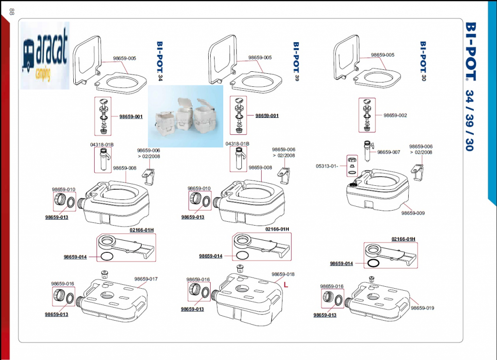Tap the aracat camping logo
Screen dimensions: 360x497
(45, 55)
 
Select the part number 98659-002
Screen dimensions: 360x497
(395, 115)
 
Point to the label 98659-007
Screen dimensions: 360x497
(389, 152)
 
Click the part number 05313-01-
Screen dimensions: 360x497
(327, 166)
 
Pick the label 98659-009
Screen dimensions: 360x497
(413, 213)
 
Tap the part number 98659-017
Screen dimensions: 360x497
(147, 279)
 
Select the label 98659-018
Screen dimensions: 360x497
(283, 274)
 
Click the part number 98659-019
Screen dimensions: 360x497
(422, 308)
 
